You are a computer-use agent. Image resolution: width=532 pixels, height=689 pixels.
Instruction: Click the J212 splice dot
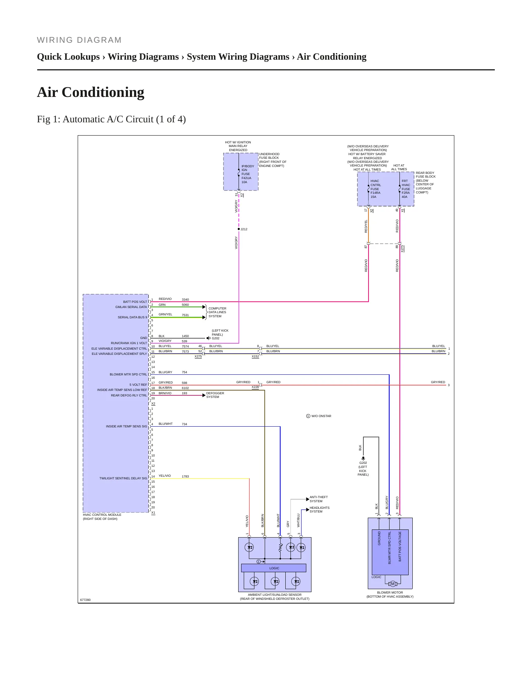pyautogui.click(x=239, y=229)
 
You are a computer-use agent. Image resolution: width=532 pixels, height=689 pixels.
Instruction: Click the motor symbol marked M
pyautogui.click(x=392, y=584)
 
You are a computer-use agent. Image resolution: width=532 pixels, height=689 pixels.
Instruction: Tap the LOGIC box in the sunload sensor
pyautogui.click(x=274, y=568)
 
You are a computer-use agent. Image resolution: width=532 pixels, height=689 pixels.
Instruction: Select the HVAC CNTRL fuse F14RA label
pyautogui.click(x=376, y=189)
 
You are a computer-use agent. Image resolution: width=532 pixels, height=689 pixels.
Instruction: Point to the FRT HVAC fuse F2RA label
pyautogui.click(x=406, y=189)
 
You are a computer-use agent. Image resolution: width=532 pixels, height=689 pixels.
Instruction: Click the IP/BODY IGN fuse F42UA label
pyautogui.click(x=248, y=174)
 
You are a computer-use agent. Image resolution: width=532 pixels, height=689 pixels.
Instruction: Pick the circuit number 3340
pyautogui.click(x=185, y=300)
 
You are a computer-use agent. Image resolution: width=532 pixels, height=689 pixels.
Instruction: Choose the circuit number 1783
pyautogui.click(x=185, y=476)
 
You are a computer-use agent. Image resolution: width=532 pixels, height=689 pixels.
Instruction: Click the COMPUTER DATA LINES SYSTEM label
pyautogui.click(x=217, y=312)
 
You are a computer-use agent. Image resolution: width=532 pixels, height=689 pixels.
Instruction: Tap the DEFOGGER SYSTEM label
pyautogui.click(x=215, y=395)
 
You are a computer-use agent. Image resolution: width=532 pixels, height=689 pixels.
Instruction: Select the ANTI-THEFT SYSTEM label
pyautogui.click(x=318, y=499)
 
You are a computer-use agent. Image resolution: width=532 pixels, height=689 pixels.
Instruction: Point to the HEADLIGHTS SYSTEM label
pyautogui.click(x=320, y=510)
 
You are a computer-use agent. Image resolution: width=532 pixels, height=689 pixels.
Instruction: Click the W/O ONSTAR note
pyautogui.click(x=319, y=416)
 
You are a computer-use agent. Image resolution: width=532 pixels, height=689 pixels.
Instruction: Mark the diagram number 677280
pyautogui.click(x=85, y=600)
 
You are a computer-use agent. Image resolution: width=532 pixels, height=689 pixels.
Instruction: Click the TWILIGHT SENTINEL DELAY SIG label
pyautogui.click(x=123, y=478)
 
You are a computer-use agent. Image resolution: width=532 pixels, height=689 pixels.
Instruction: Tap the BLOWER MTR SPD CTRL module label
pyautogui.click(x=128, y=374)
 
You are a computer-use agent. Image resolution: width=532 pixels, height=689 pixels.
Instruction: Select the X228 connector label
pyautogui.click(x=255, y=387)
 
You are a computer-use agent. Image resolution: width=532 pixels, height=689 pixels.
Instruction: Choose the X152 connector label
pyautogui.click(x=255, y=357)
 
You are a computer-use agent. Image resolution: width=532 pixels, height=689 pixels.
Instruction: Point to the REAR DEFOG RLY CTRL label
pyautogui.click(x=129, y=395)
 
